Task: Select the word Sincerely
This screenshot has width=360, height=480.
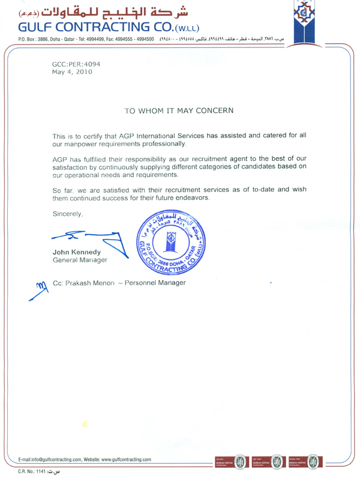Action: coord(70,214)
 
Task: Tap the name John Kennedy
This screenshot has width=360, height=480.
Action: coord(76,252)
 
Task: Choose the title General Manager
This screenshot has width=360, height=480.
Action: coord(80,260)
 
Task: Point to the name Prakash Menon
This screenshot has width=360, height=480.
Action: coord(103,283)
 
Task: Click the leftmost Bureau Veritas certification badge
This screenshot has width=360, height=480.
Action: coord(232,462)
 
